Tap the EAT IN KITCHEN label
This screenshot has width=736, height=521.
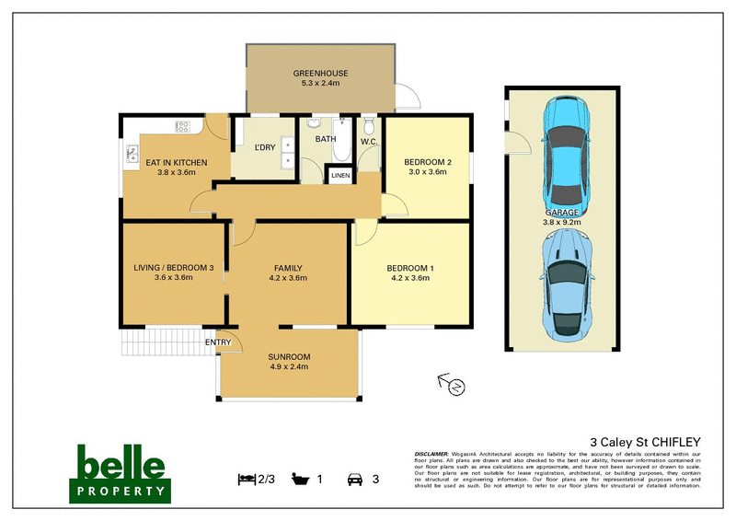tap(177, 163)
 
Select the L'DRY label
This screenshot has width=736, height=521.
tap(265, 147)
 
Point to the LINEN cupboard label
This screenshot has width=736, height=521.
tap(341, 175)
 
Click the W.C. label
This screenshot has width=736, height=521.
tap(370, 142)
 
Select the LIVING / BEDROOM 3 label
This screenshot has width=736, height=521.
tap(173, 268)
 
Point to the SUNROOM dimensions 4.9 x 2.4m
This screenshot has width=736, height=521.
tap(288, 367)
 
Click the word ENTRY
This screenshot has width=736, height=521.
tap(218, 342)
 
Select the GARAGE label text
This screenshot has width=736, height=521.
tap(563, 212)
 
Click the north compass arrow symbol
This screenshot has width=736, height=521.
tap(451, 384)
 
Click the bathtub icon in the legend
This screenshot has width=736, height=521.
tap(301, 479)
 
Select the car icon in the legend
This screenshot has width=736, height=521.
tap(353, 479)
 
